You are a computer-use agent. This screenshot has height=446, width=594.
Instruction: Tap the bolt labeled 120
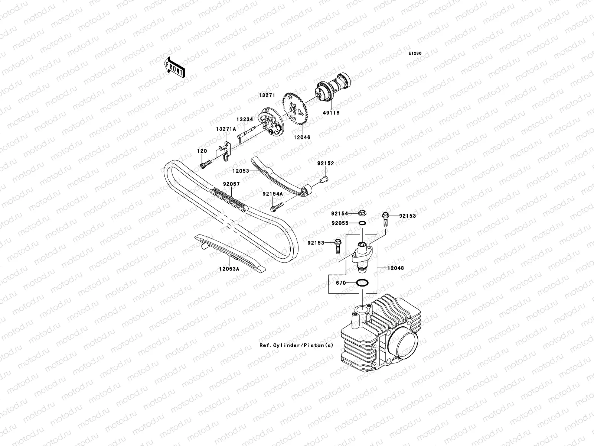click(x=205, y=162)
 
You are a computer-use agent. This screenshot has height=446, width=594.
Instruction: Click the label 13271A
click(x=226, y=129)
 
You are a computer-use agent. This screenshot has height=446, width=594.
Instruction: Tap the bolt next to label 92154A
click(x=277, y=206)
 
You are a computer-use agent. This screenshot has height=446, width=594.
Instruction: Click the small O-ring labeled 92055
click(x=362, y=223)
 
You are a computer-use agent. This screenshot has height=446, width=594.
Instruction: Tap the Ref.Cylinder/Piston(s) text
click(x=296, y=345)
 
